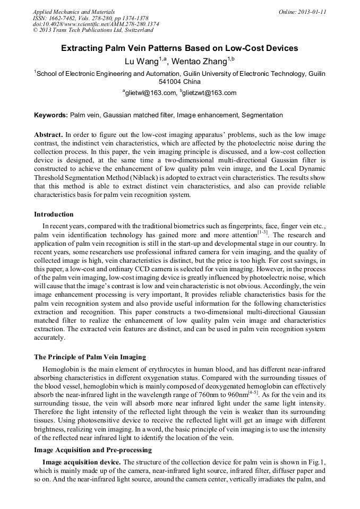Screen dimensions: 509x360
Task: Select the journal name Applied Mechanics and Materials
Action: (x=73, y=11)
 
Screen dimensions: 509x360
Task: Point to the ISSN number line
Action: (x=90, y=18)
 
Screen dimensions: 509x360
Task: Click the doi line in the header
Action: (x=96, y=24)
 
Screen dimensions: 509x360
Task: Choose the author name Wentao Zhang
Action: (x=204, y=61)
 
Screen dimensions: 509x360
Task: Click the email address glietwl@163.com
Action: (x=151, y=93)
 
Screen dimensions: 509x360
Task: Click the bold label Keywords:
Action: (x=51, y=115)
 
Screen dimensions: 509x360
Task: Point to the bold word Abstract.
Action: (x=49, y=135)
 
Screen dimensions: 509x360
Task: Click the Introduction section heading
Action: (x=54, y=214)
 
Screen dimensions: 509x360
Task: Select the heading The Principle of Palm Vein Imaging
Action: (x=90, y=357)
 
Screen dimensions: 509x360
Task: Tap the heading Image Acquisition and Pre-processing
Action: (x=93, y=450)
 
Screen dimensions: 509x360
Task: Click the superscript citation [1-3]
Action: (x=263, y=232)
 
